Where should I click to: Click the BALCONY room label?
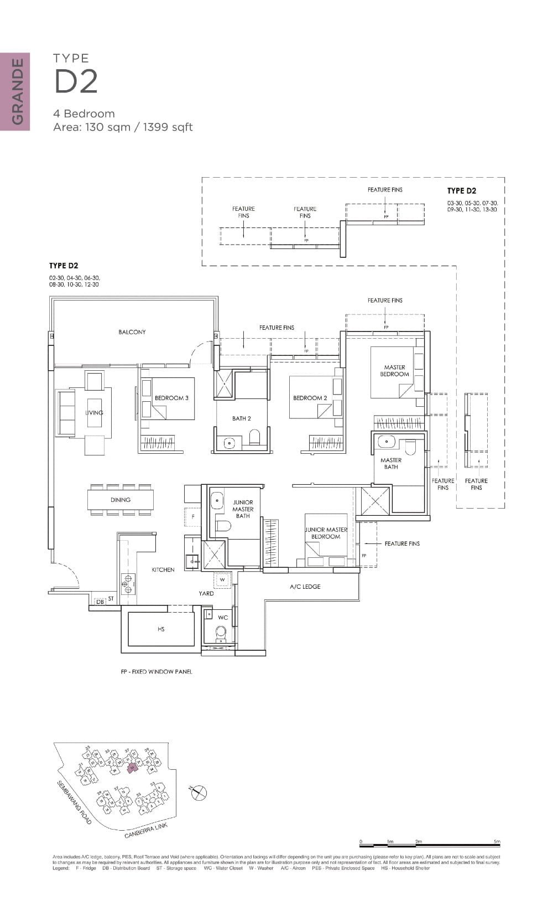coord(132,332)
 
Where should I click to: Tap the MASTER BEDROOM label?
coord(395,371)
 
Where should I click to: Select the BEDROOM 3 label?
coord(171,398)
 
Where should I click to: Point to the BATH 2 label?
coord(242,418)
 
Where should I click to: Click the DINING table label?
coord(121,500)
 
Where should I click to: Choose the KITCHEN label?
coord(163,569)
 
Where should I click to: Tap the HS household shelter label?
coord(161,629)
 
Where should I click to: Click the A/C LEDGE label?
coord(305,587)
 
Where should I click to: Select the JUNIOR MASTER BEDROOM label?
coord(326,533)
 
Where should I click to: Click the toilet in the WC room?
coord(221,633)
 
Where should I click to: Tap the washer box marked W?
coord(222,580)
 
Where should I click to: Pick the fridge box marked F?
coord(193,516)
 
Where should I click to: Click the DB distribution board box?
coord(100,602)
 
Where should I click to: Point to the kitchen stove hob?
coord(128,584)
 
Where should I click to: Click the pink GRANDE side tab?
coord(15,92)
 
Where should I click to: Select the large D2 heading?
coord(76,81)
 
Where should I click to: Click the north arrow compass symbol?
coord(199,793)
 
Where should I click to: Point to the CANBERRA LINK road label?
coord(146,831)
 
